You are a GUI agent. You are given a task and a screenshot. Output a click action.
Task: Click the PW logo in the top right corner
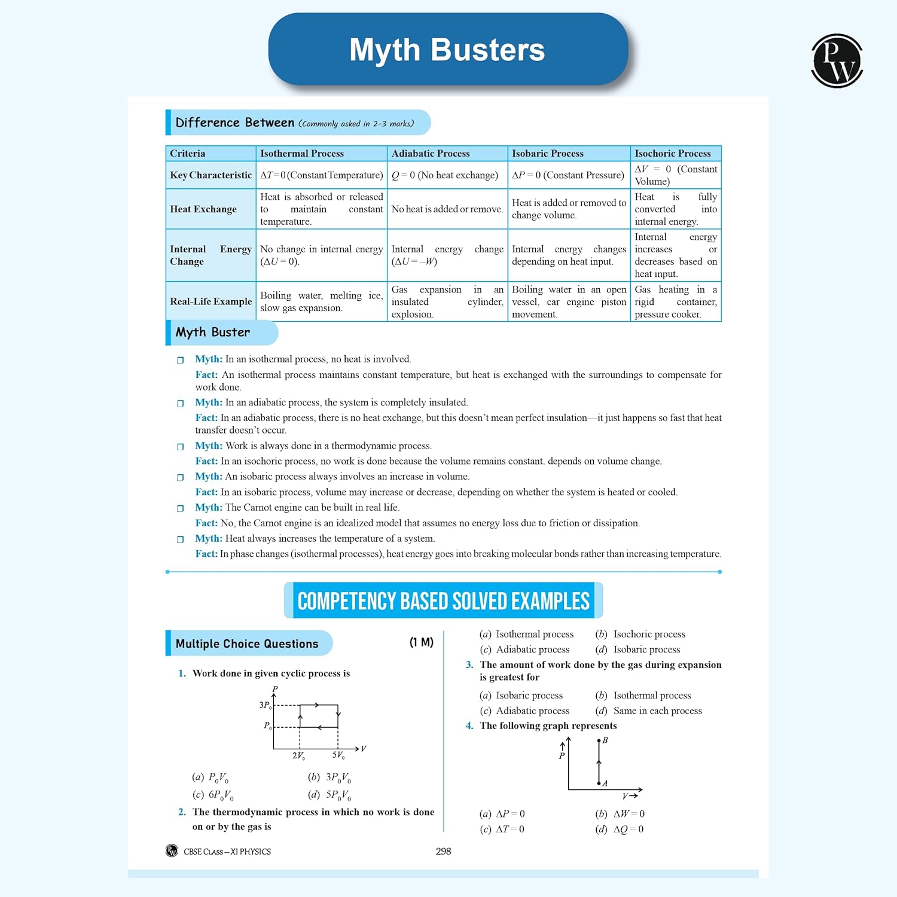point(837,60)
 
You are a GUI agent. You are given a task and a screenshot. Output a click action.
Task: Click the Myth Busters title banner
point(448,50)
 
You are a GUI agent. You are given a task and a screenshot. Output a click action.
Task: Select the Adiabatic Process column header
point(431,154)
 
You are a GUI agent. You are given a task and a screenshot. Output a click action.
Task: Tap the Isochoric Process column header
point(672,154)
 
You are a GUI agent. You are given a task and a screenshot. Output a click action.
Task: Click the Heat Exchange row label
point(203,209)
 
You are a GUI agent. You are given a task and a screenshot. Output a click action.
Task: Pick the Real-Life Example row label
point(210,301)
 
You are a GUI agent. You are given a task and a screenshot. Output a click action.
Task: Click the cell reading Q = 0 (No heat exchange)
point(445,175)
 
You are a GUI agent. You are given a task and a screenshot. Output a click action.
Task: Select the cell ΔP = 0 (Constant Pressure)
point(568,175)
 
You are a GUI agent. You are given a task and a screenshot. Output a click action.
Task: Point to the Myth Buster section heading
point(213,332)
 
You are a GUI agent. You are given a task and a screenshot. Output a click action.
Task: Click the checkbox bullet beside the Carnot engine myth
point(180,508)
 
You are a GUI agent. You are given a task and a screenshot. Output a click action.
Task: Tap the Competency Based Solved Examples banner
point(443,600)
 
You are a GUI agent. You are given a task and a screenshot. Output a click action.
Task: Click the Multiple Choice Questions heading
point(247,643)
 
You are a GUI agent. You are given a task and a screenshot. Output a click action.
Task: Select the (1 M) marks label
point(421,642)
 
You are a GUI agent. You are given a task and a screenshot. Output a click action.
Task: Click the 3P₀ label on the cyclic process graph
point(265,706)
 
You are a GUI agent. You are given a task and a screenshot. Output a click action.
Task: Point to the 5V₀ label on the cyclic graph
point(338,755)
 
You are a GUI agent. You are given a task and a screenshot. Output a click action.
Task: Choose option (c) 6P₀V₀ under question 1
point(213,795)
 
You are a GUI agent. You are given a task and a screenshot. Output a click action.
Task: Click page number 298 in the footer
point(443,851)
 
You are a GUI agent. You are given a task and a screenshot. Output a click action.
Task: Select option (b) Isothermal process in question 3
point(643,695)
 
